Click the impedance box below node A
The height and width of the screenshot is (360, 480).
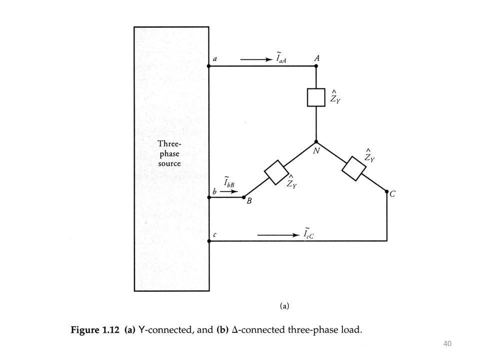click(x=316, y=97)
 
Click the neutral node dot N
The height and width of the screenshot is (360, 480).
click(x=316, y=142)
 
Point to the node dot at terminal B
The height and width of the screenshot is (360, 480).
click(x=243, y=197)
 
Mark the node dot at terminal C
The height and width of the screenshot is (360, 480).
click(x=387, y=191)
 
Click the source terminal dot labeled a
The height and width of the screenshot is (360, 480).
click(x=208, y=66)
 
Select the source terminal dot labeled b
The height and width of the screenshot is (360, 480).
click(x=208, y=197)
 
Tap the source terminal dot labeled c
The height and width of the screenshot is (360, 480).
click(x=208, y=241)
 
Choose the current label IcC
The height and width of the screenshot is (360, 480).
click(x=308, y=233)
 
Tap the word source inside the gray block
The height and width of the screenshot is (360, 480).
click(x=169, y=163)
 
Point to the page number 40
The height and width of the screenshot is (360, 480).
click(x=447, y=343)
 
